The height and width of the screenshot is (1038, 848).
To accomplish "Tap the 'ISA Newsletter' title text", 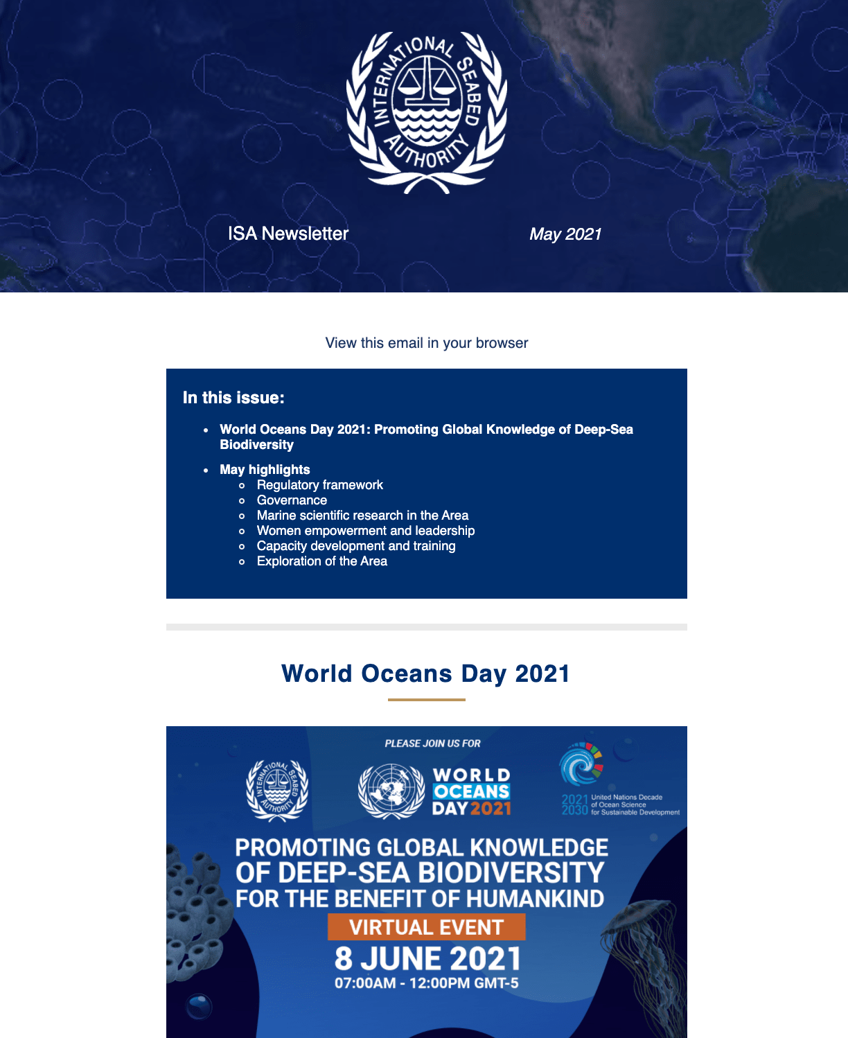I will (x=288, y=234).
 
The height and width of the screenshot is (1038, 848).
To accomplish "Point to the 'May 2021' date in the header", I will (x=565, y=234).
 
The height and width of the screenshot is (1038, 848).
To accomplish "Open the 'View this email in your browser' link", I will (x=427, y=343).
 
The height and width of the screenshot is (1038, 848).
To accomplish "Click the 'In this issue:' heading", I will (x=233, y=398).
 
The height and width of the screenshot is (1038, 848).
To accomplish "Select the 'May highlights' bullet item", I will (x=265, y=470).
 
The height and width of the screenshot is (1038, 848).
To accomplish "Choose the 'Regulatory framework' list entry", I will (x=319, y=485).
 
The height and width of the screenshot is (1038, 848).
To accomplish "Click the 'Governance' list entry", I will (x=292, y=500).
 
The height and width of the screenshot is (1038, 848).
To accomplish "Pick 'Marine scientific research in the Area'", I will (x=362, y=516).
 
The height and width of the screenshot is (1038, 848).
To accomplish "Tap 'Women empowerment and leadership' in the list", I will (x=366, y=531).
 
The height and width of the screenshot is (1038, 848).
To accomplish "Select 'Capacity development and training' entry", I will (x=356, y=546).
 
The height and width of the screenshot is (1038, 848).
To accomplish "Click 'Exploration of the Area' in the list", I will (x=321, y=561).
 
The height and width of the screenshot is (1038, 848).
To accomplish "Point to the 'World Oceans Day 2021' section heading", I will (x=426, y=674).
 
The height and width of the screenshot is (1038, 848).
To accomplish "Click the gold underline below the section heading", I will (x=427, y=700).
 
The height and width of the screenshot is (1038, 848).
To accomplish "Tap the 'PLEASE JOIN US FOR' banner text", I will (x=433, y=744).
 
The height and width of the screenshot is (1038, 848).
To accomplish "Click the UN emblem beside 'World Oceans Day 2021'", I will (x=391, y=791).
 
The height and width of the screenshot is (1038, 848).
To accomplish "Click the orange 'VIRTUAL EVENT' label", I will (x=427, y=927).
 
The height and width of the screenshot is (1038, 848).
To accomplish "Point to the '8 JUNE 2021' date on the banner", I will (x=427, y=959).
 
